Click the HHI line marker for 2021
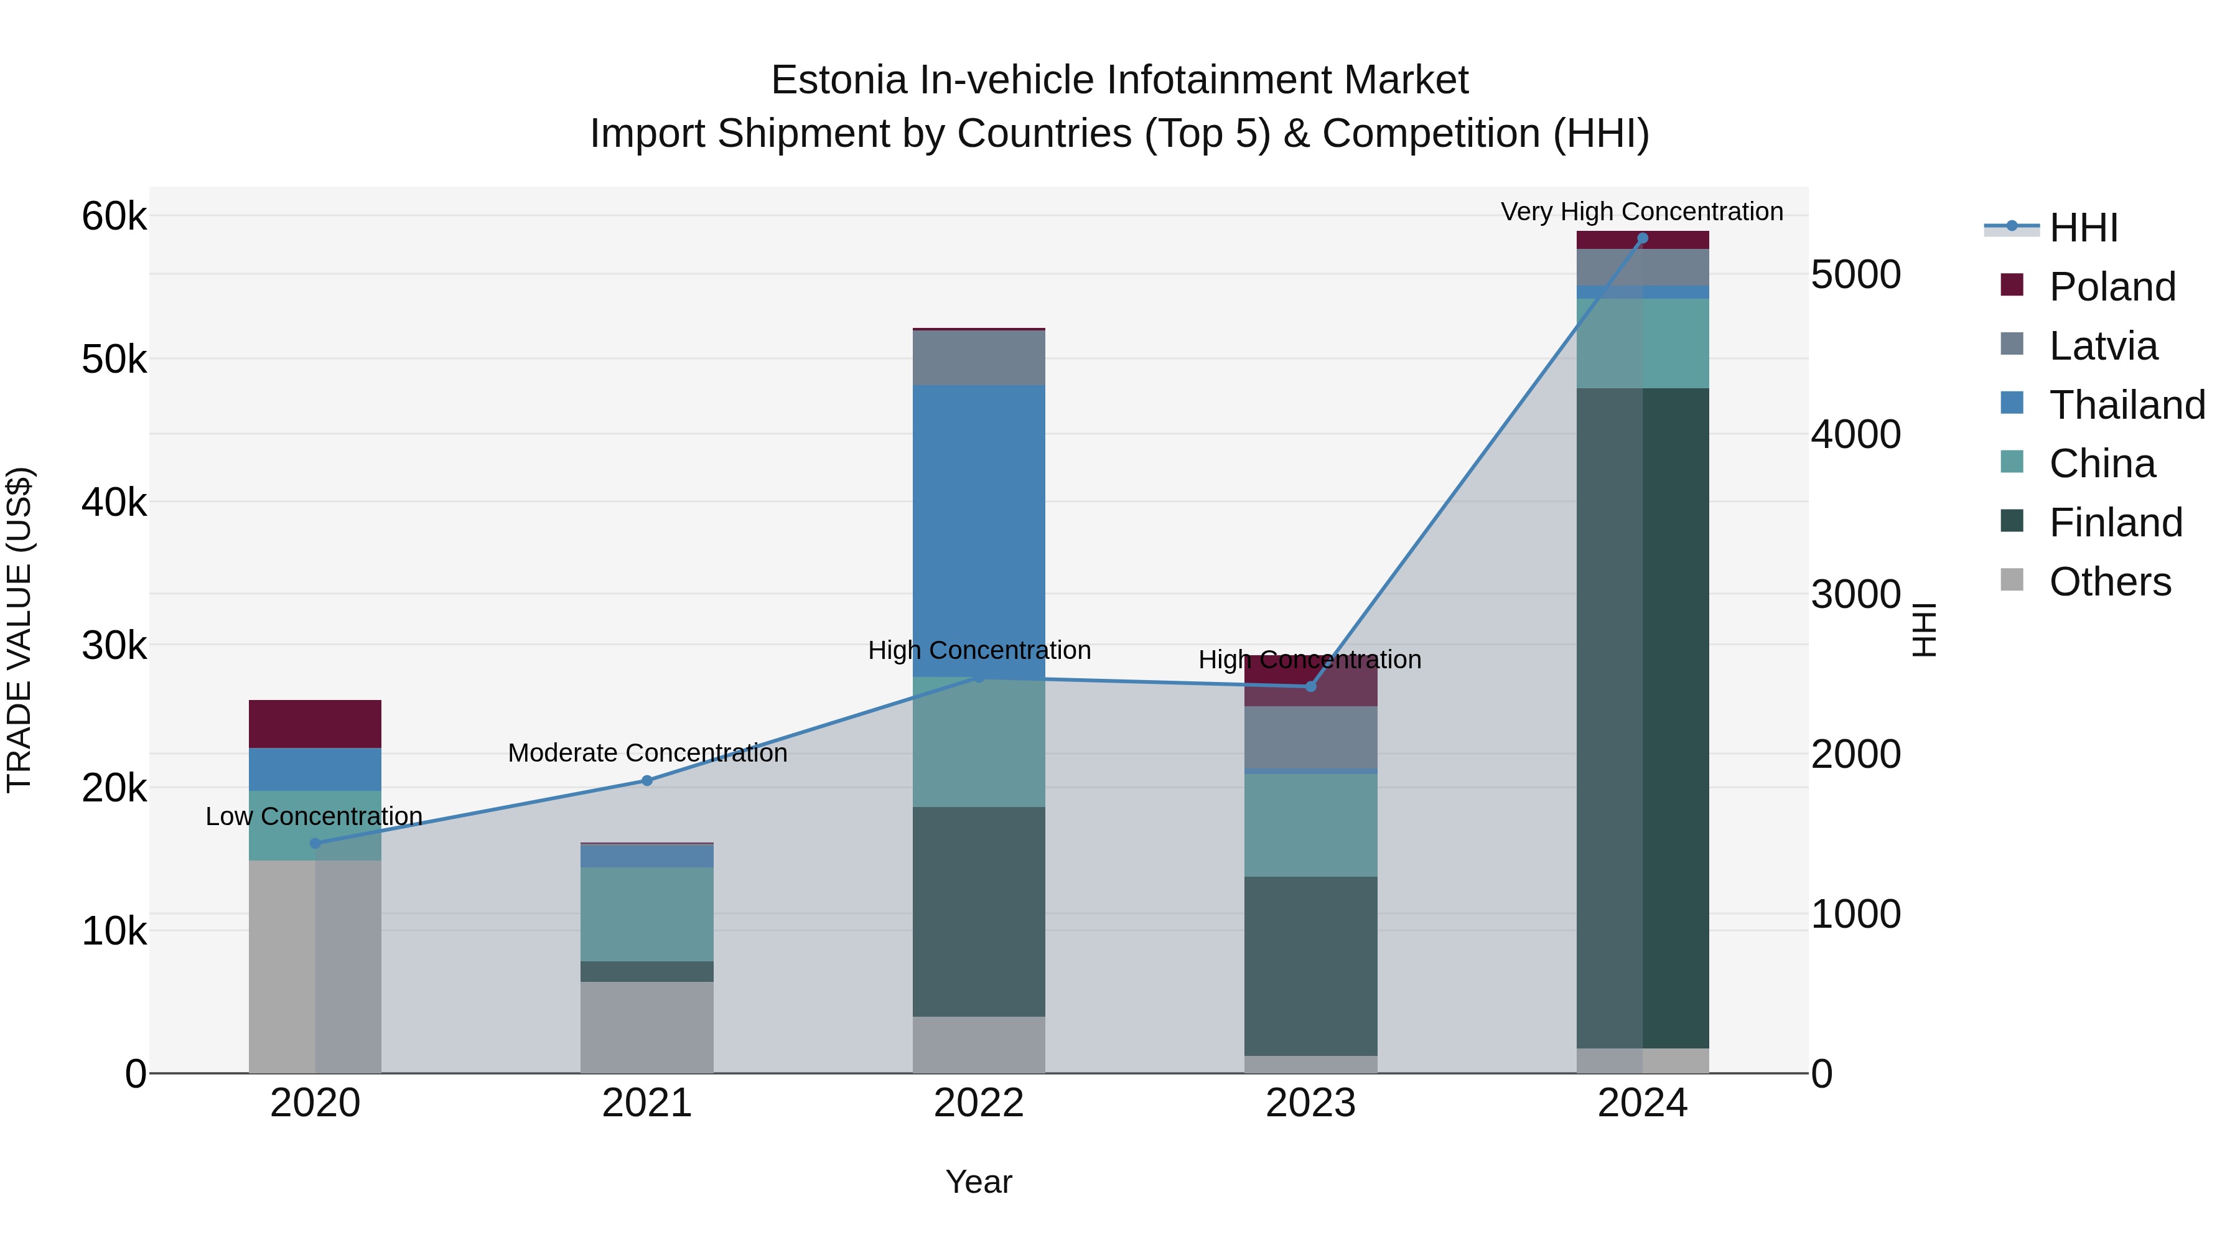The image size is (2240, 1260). click(x=647, y=780)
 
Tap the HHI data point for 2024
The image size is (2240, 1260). click(x=1643, y=238)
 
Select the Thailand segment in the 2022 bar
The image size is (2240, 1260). click(x=979, y=530)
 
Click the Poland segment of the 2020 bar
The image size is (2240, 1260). click(x=315, y=724)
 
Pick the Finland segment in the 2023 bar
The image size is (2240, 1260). click(x=1310, y=965)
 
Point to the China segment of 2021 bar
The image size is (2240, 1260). click(x=647, y=913)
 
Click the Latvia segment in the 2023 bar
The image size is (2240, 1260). click(x=1310, y=737)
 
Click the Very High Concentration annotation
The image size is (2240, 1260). click(x=1642, y=212)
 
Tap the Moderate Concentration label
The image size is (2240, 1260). click(x=647, y=752)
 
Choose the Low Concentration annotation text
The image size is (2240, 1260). click(x=314, y=816)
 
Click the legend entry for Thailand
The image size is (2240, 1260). click(x=2127, y=404)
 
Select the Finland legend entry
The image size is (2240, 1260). click(x=2115, y=523)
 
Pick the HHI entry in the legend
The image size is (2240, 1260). click(x=2083, y=228)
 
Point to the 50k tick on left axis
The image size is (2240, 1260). click(x=114, y=359)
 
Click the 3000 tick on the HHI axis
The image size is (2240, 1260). click(x=1855, y=595)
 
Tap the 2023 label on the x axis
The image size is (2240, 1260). click(x=1310, y=1103)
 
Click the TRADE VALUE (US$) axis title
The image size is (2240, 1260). click(x=19, y=630)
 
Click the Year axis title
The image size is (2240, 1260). click(x=979, y=1182)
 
